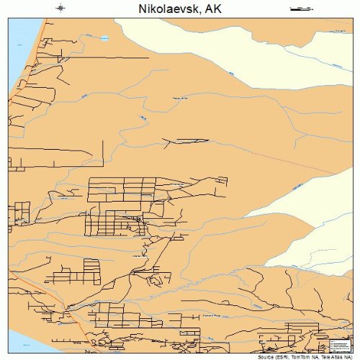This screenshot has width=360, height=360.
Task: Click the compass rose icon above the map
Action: point(60,9)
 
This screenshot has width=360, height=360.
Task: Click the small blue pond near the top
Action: point(104,38)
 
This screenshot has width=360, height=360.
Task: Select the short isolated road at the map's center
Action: point(189,140)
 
